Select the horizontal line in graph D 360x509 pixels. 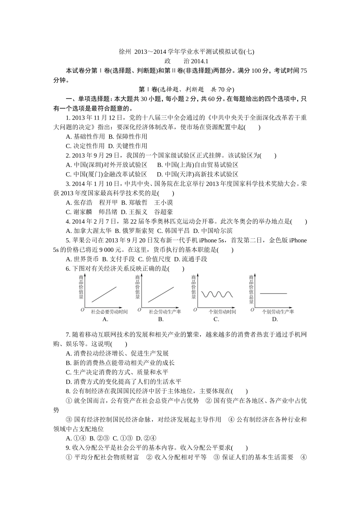click(x=273, y=294)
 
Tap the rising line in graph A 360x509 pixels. click(x=104, y=294)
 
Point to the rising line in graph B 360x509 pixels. click(x=161, y=294)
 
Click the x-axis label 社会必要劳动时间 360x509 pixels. click(x=109, y=312)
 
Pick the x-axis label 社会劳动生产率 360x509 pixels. click(x=165, y=312)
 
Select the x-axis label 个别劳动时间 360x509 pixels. click(x=222, y=312)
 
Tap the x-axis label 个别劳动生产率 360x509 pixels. click(x=278, y=312)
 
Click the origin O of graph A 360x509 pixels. click(x=83, y=310)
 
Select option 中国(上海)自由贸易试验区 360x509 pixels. click(x=197, y=165)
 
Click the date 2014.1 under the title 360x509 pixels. click(x=200, y=61)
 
